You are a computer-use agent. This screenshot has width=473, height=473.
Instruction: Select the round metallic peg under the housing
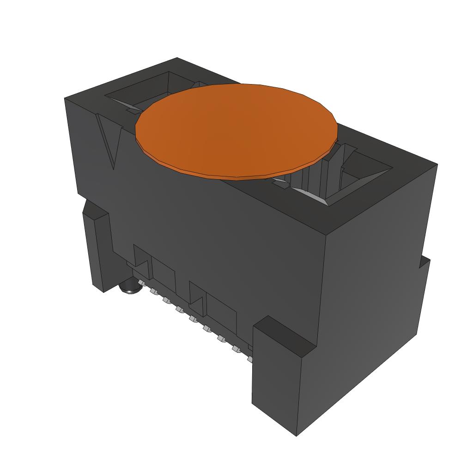point(127,288)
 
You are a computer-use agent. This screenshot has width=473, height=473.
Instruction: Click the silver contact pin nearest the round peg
point(140,282)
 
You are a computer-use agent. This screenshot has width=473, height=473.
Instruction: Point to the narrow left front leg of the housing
point(98,249)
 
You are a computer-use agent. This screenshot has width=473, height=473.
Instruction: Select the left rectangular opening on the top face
point(139,92)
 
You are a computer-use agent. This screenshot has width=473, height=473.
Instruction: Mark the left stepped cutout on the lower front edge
point(141,259)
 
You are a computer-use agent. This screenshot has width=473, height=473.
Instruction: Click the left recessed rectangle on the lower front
point(164,275)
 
